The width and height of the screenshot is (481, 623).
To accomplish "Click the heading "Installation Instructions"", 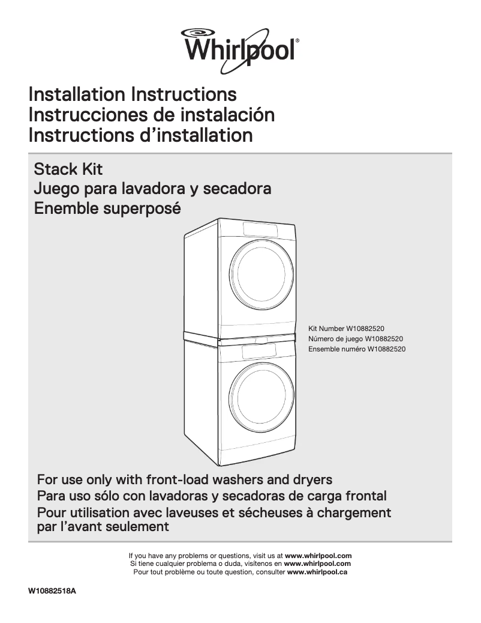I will point(133,94).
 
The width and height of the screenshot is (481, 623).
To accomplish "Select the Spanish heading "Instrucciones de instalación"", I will point(152,114).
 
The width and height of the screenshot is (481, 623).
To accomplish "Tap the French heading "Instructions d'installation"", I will point(140,135).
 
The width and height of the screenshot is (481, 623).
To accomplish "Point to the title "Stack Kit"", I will point(68,169).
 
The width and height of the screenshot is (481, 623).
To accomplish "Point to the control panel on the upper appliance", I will point(260,229).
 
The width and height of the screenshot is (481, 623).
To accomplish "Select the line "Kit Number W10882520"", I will point(346,329).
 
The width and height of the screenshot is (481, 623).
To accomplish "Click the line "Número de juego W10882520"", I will point(355,339).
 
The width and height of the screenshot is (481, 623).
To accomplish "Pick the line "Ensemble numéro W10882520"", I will point(357,349).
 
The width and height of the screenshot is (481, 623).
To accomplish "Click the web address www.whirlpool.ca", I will point(317,572).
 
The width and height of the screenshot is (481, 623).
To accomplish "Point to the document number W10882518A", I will point(52,592).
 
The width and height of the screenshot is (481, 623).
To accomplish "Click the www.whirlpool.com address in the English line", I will point(318,556).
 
